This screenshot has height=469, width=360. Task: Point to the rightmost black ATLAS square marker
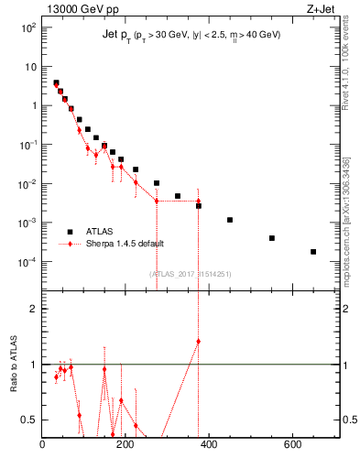point(313,251)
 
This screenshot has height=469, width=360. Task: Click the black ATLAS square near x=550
point(272,238)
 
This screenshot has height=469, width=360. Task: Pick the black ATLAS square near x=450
point(230,220)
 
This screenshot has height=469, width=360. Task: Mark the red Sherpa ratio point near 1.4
point(199,341)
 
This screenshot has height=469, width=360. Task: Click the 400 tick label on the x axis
point(209,446)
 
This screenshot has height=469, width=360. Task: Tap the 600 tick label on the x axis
point(292,446)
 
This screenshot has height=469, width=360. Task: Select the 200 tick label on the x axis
point(125,446)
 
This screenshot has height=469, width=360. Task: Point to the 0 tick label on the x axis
point(42,446)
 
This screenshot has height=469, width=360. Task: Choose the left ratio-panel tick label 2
point(33,309)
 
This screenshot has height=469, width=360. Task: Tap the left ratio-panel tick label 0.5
point(29,420)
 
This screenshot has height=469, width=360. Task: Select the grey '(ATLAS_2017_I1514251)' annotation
point(191,273)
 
